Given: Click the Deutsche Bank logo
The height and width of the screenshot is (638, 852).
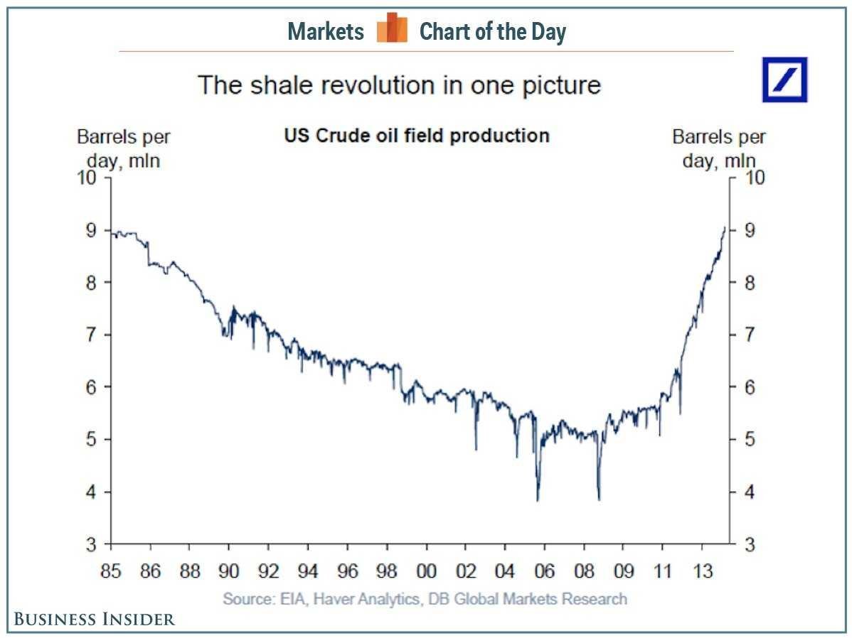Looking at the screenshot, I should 785,79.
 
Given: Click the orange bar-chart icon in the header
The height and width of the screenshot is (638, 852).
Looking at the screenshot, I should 392,29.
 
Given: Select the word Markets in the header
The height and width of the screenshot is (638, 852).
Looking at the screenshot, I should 326,31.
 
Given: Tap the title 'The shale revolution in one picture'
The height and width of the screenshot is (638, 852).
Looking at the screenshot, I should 399,85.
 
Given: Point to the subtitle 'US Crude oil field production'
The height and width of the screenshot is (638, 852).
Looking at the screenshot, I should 416,135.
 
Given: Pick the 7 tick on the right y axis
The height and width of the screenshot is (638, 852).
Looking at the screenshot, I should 750,335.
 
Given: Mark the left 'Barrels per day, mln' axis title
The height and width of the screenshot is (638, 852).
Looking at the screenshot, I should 124,148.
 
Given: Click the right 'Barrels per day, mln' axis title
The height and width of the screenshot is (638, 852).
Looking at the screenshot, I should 719,148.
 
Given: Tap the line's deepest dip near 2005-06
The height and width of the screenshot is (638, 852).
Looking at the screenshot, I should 538,499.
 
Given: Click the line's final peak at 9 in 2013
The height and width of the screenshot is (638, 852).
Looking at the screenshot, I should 724,227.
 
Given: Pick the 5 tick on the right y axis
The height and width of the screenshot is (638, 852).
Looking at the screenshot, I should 750,440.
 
